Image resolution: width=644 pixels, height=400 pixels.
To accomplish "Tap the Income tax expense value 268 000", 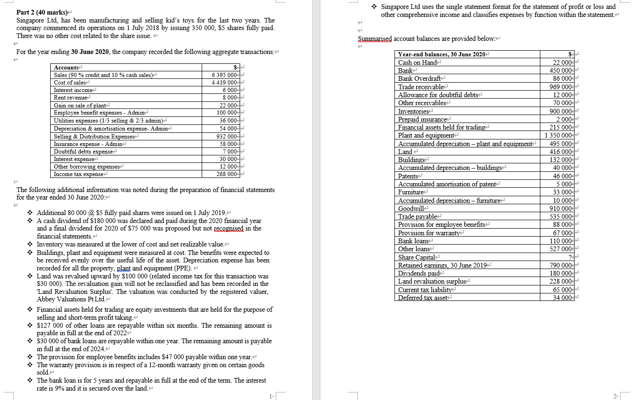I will point(228,174).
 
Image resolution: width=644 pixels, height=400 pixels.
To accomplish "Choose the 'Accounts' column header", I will point(66,68).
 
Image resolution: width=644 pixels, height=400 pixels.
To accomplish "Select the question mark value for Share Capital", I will point(570,257).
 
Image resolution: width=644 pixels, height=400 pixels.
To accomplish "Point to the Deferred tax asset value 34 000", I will point(563,298).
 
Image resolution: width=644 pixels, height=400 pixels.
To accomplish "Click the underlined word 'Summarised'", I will point(374,38).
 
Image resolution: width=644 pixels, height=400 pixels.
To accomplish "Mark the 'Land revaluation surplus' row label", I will point(432,282).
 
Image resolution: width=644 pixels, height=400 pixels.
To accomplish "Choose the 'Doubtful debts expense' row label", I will point(83,152).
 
